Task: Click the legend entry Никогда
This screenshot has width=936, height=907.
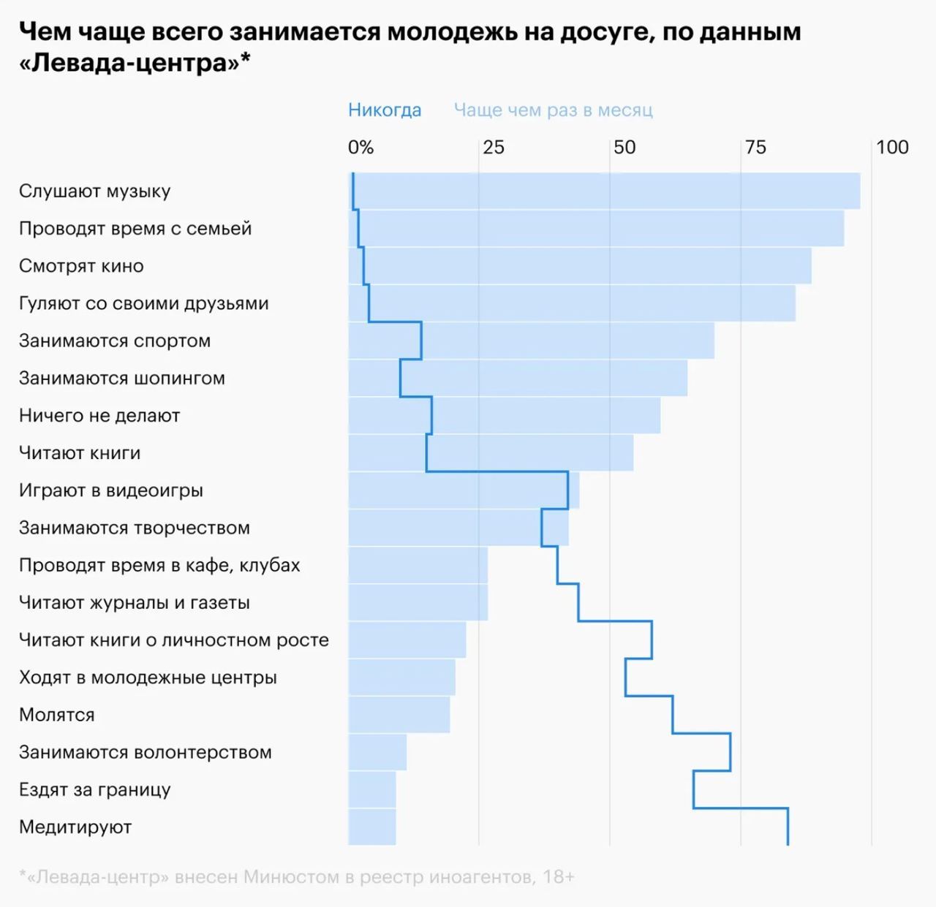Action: tap(385, 110)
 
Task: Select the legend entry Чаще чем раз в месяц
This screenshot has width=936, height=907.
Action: tap(553, 110)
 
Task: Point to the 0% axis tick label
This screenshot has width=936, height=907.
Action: tap(361, 148)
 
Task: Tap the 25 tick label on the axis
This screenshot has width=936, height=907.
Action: tap(494, 148)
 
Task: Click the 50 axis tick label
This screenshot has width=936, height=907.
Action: tap(624, 148)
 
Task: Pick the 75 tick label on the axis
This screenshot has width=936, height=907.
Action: tap(755, 148)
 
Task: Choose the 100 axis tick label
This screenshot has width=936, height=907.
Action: tap(892, 148)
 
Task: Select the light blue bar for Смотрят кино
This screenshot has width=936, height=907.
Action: tap(585, 266)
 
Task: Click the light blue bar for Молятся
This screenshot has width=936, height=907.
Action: tap(399, 715)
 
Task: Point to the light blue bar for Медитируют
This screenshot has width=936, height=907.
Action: tap(372, 827)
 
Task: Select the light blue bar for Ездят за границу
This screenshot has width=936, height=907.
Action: tap(372, 790)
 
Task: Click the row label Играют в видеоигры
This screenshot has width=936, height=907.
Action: tap(111, 490)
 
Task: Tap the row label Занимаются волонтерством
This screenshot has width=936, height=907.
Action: tap(146, 752)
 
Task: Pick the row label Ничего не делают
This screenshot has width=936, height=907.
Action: tap(99, 416)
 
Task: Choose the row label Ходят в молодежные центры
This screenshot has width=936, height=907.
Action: tap(148, 678)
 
